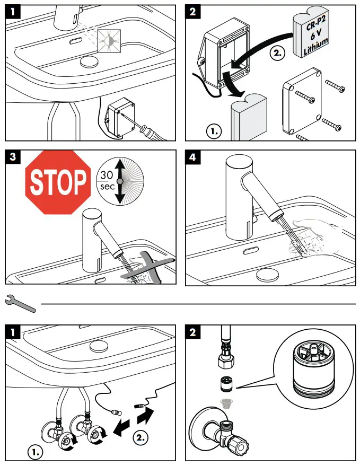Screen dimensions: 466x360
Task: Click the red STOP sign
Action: point(57,182)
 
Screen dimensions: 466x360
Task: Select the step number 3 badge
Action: point(14,157)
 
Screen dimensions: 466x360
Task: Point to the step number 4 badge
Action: point(194,157)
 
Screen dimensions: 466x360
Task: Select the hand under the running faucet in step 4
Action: point(318,235)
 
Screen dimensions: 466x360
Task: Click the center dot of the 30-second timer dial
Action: point(120,181)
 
